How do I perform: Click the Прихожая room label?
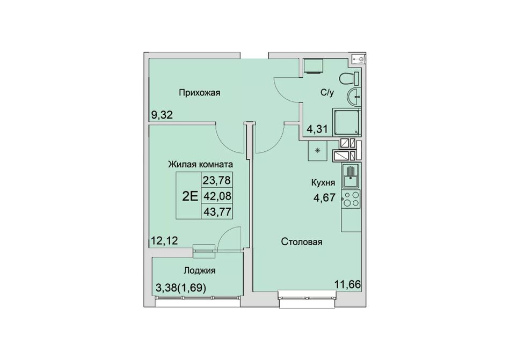click(x=199, y=93)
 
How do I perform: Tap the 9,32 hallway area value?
click(x=162, y=115)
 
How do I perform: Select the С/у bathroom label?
click(x=327, y=93)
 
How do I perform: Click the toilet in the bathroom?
click(x=349, y=78)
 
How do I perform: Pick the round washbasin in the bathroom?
click(x=354, y=97)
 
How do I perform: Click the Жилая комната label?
click(x=200, y=164)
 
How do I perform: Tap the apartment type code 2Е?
click(x=190, y=196)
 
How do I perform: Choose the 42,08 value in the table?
click(x=217, y=196)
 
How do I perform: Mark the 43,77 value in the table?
click(x=217, y=212)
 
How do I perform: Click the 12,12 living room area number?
click(x=164, y=241)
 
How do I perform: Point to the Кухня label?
click(x=323, y=182)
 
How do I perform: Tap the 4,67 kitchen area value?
click(x=324, y=197)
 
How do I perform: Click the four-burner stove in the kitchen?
click(x=351, y=199)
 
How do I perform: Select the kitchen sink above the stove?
click(x=351, y=176)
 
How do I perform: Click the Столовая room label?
click(x=302, y=242)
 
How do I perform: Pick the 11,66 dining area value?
click(x=348, y=285)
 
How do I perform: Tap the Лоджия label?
click(x=199, y=270)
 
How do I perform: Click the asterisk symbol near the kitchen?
click(x=318, y=150)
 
